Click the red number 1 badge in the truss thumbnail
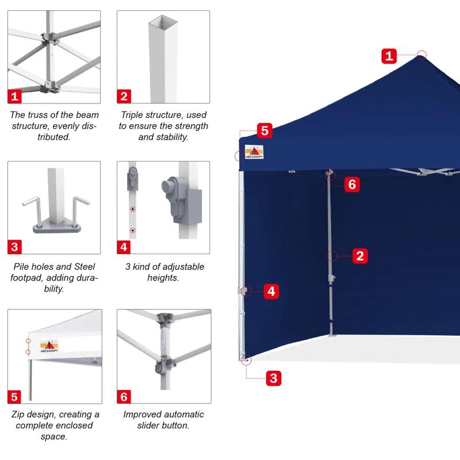(15, 96)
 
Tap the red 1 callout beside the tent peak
(390, 56)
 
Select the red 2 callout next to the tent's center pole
(360, 256)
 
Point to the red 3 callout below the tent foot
(274, 378)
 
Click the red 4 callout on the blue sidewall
(272, 292)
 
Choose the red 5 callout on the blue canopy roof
(264, 131)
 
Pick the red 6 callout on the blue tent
(352, 184)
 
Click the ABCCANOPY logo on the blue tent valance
(254, 152)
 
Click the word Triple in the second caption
(133, 116)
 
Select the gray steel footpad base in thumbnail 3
(56, 227)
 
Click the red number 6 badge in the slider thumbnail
(124, 397)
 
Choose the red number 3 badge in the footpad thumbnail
(15, 247)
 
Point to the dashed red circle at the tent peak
(421, 55)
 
